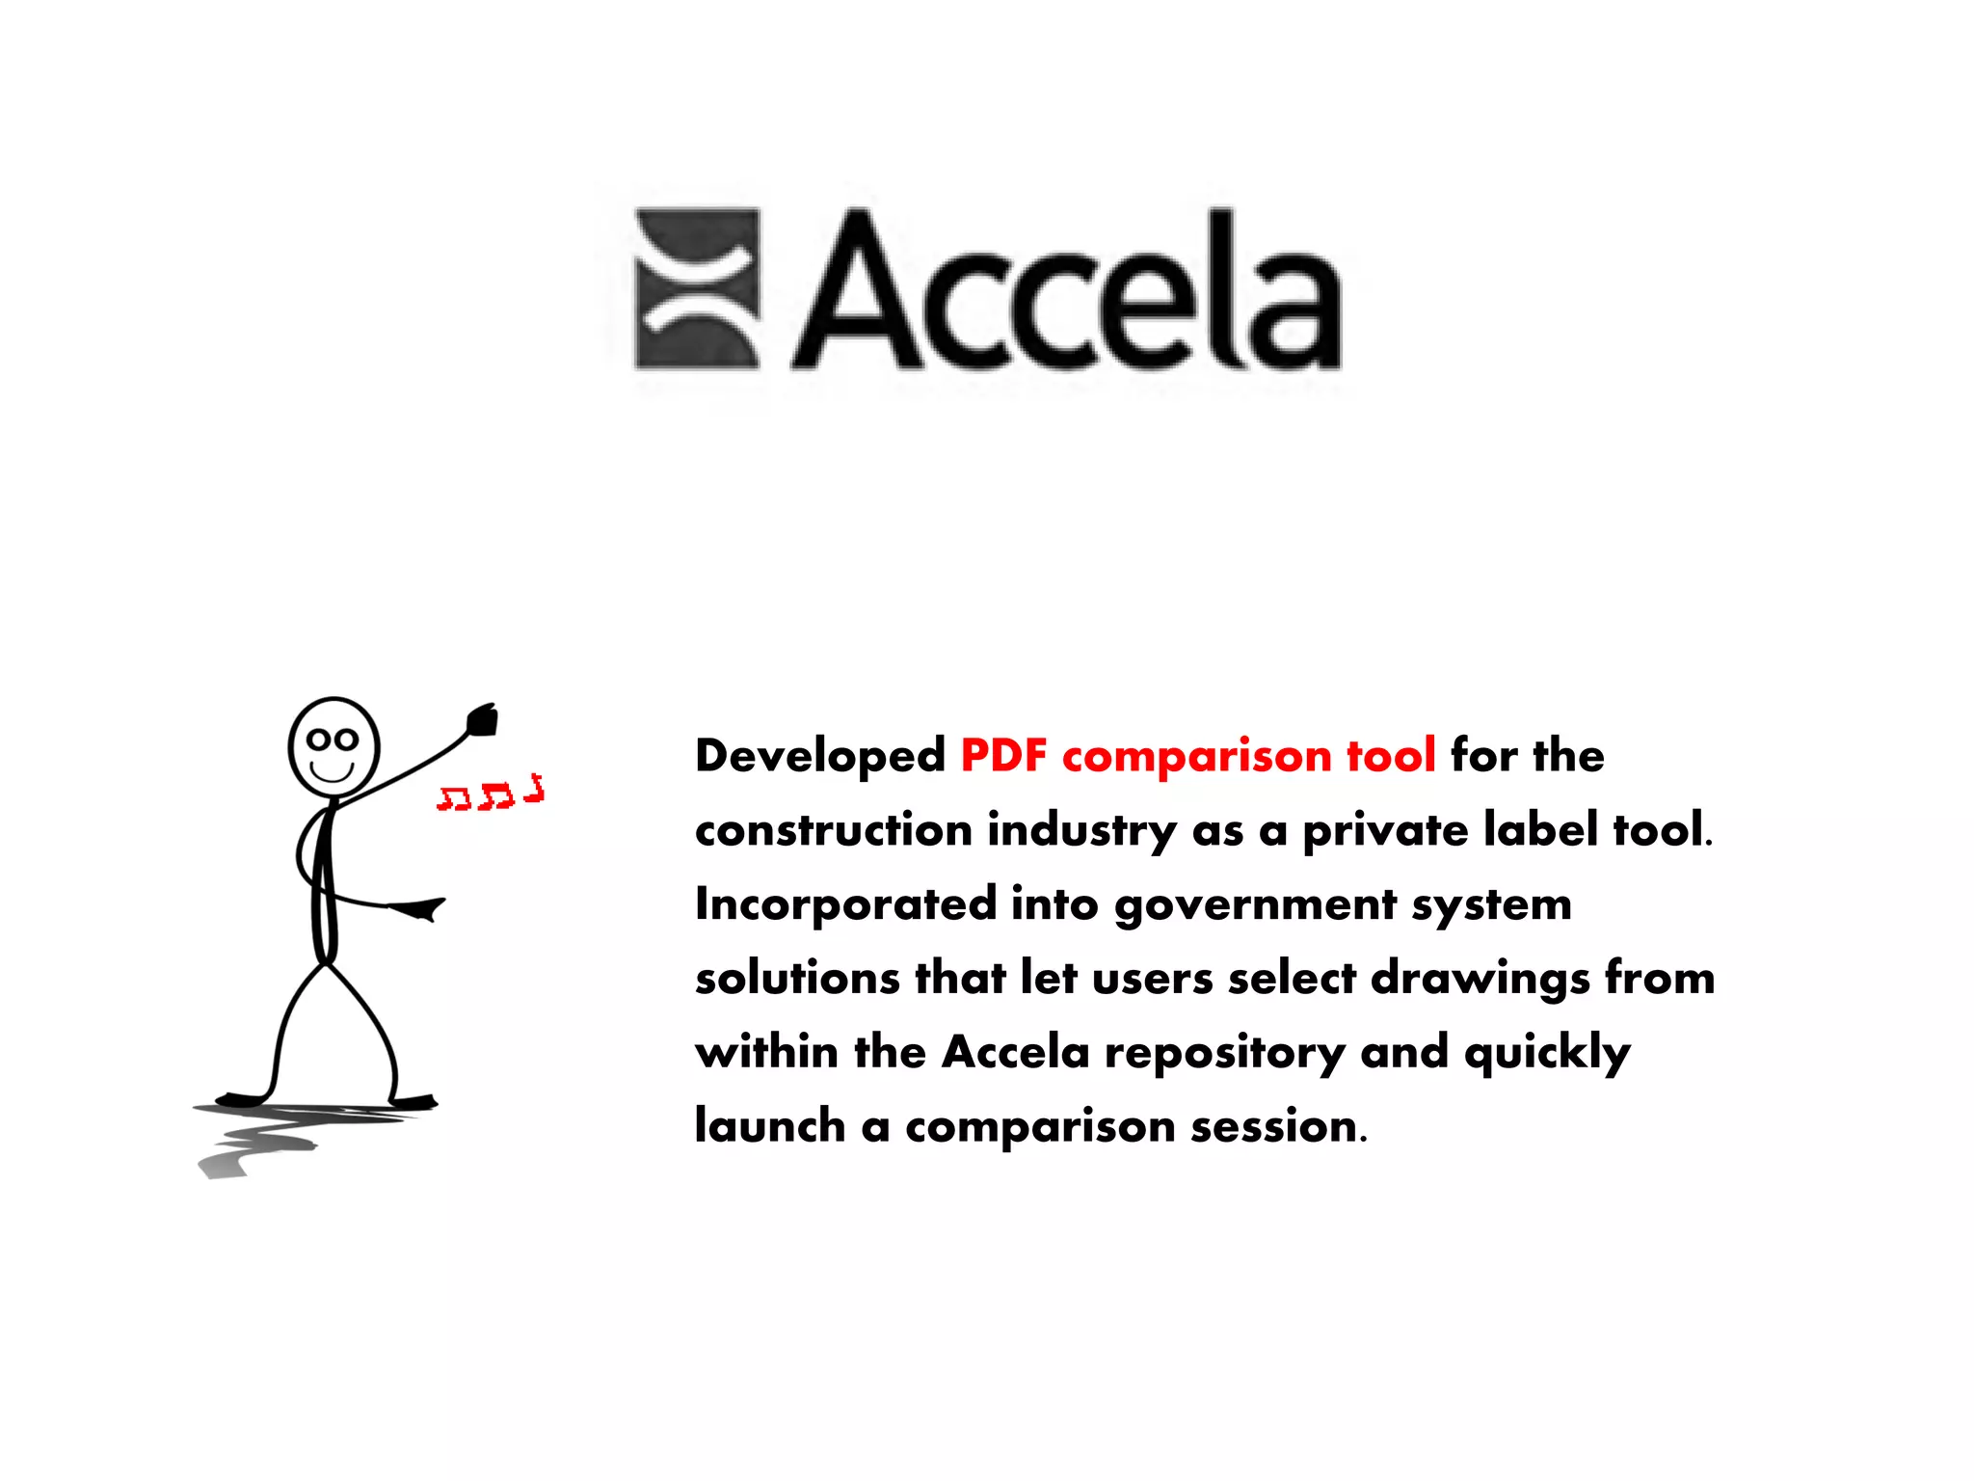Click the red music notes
(491, 794)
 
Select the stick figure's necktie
(325, 882)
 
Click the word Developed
(820, 755)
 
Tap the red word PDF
(1003, 755)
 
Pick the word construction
(834, 830)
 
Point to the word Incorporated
(845, 904)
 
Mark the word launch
(770, 1125)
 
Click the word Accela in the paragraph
(1015, 1052)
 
